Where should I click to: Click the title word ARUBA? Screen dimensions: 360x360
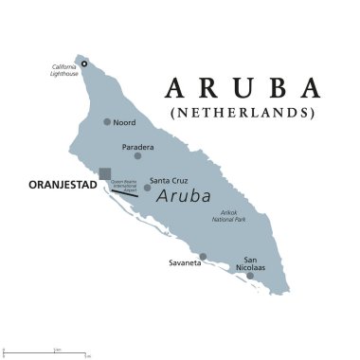pos(242,88)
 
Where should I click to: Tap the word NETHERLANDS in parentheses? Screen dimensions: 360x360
pos(242,113)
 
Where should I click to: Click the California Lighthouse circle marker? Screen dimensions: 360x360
pos(83,63)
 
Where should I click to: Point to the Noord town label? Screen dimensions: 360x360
pos(124,122)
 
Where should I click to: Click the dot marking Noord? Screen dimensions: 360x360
pos(107,121)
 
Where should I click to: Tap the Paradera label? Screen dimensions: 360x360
pos(138,147)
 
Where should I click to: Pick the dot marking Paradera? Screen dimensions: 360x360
pos(138,156)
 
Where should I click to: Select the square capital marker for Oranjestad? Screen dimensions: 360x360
pos(104,172)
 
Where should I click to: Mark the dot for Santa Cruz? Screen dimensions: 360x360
pos(147,188)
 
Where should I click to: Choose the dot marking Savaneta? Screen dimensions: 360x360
pos(203,256)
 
